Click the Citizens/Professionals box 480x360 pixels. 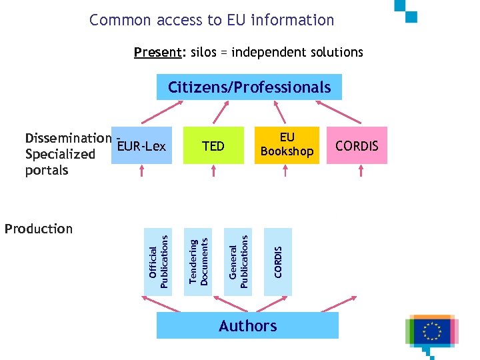(x=249, y=87)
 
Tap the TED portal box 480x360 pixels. (x=213, y=145)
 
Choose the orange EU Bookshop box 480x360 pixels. (x=287, y=145)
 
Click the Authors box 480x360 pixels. (x=247, y=326)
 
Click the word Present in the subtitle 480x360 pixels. (x=159, y=52)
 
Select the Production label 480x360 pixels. (x=39, y=229)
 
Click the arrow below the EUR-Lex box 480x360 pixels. (x=142, y=172)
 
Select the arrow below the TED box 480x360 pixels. (x=213, y=172)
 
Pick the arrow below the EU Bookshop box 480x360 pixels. (x=285, y=172)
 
